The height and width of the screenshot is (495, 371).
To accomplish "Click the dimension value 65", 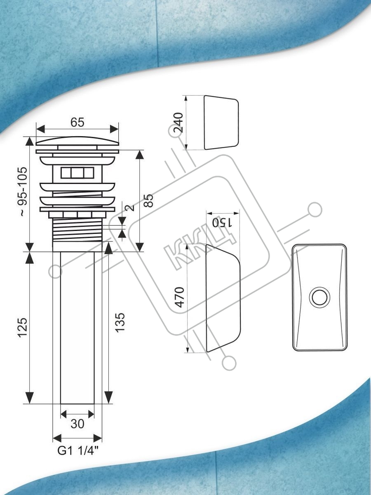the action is [77, 122].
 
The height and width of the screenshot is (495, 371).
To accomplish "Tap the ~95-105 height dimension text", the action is [23, 192].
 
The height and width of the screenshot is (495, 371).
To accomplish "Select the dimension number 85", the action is [149, 200].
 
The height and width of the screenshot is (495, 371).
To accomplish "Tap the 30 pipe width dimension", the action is [77, 424].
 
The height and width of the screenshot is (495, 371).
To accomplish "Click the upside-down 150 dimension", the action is [222, 223].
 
